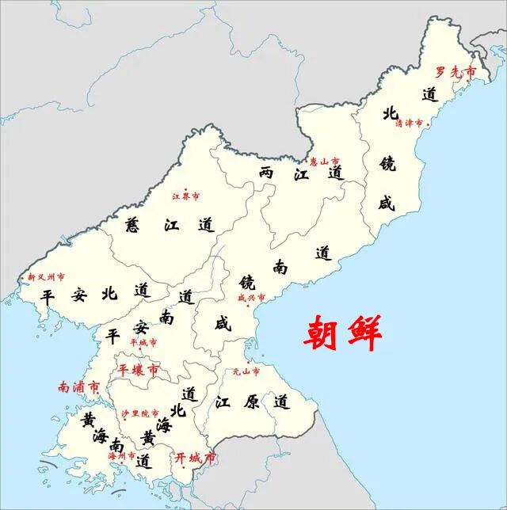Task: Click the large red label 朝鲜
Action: [343, 333]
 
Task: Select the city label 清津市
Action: [410, 123]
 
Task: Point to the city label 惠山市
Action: [324, 161]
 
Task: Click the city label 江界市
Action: [186, 196]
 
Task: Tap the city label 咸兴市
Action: [251, 298]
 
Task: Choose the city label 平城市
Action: [143, 342]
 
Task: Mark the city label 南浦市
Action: [78, 387]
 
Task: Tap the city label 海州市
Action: [121, 456]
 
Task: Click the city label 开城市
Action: [194, 458]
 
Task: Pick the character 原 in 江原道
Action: [251, 402]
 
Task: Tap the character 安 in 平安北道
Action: [78, 295]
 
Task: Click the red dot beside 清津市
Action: [429, 124]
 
